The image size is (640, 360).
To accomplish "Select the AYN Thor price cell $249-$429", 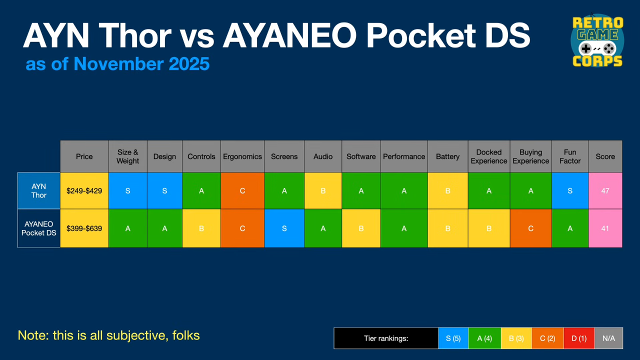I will [84, 190].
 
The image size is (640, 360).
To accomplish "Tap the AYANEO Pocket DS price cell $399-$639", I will [84, 228].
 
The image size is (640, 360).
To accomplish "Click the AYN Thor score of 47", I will [605, 190].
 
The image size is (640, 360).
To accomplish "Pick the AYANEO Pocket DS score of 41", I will [605, 228].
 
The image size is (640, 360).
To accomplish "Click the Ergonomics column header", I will [242, 156].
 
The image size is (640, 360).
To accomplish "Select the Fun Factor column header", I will [570, 156].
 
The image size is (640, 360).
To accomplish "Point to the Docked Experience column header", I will [488, 156].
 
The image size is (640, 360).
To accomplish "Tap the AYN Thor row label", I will [39, 190].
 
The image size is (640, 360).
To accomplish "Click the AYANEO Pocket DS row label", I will [39, 228].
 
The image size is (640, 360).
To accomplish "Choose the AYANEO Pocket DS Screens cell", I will [284, 228].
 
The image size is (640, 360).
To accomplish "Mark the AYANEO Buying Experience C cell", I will [530, 228].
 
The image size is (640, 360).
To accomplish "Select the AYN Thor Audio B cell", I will [323, 190].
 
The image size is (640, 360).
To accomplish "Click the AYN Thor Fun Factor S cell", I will [570, 190].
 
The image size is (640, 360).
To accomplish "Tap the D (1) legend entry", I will [578, 338].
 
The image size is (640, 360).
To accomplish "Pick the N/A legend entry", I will [608, 338].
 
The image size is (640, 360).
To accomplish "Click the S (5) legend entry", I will [453, 338].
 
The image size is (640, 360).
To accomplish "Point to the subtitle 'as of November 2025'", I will [117, 64].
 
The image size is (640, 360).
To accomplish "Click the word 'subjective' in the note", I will [137, 335].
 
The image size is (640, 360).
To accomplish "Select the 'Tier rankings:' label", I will [386, 338].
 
